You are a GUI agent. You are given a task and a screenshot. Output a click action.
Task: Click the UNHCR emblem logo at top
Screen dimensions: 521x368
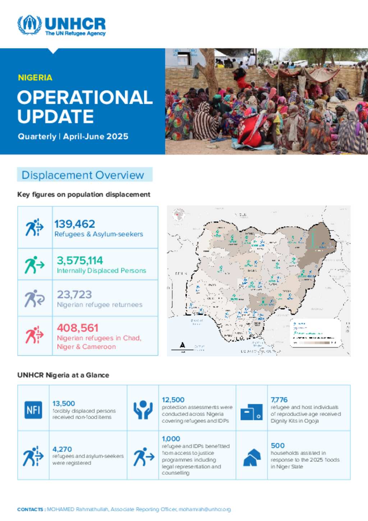coord(29,24)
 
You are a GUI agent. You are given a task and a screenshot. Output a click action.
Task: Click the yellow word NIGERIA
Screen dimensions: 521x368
coord(35,78)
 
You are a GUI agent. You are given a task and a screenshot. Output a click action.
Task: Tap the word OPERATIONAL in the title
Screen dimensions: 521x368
coord(85,97)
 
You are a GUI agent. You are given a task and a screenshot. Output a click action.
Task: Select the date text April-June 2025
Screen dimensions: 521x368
coord(96,137)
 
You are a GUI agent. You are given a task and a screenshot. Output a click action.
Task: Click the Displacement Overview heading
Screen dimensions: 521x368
coord(83,175)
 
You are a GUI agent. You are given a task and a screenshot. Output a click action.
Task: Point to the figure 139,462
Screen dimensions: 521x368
coord(75,224)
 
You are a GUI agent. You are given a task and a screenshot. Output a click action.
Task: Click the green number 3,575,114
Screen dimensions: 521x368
coord(80,260)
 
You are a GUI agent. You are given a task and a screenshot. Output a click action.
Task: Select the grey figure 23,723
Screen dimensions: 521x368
coord(74,294)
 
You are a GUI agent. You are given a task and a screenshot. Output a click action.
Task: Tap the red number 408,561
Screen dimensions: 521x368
coord(78,328)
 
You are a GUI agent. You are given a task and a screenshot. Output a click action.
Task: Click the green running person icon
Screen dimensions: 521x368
coord(34,265)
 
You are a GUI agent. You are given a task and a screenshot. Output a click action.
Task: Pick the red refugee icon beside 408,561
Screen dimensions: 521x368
coord(34,335)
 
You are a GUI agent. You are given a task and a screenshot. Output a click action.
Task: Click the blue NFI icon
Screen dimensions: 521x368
coord(33,410)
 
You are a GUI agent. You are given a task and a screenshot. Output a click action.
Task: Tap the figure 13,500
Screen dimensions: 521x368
coord(64,403)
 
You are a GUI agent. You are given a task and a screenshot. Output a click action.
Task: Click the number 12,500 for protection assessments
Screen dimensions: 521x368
coord(173,400)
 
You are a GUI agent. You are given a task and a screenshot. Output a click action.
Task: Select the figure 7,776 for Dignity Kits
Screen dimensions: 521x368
coord(279,400)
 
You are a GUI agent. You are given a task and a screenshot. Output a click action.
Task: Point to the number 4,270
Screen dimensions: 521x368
coord(62,449)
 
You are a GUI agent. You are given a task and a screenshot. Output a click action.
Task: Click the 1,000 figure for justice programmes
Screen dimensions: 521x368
coord(171,439)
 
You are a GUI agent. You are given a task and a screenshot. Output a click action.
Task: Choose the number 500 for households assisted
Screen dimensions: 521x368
coord(277,445)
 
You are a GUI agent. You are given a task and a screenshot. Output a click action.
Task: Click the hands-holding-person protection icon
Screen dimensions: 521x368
coord(143,410)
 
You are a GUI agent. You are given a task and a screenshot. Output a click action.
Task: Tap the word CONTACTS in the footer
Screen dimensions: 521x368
coord(30,509)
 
